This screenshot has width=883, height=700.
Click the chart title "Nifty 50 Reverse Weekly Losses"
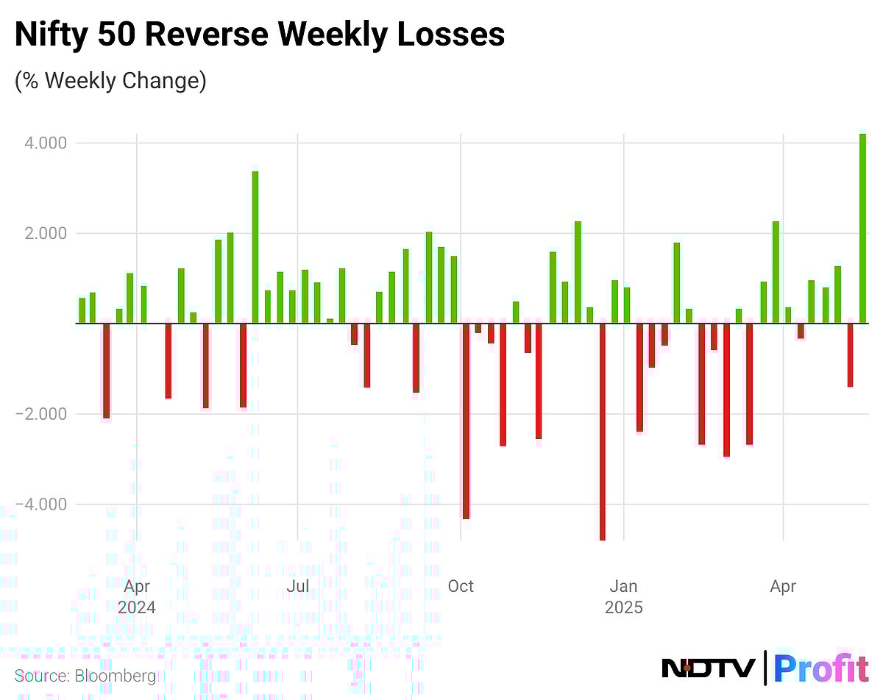tap(260, 35)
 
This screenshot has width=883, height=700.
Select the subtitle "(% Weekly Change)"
tap(110, 79)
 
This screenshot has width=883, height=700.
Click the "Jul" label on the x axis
tap(297, 587)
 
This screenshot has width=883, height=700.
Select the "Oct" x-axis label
tap(461, 587)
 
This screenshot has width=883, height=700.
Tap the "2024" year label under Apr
tap(137, 608)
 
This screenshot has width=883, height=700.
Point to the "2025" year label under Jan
tap(624, 608)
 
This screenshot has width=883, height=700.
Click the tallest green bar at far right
tap(862, 228)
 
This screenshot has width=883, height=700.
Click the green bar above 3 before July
tap(255, 247)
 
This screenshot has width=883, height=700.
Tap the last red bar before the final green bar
tap(850, 354)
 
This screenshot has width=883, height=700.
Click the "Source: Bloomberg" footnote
tap(85, 676)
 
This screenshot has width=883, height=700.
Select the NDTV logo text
tap(708, 668)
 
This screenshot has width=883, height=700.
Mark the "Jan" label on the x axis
tap(624, 587)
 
